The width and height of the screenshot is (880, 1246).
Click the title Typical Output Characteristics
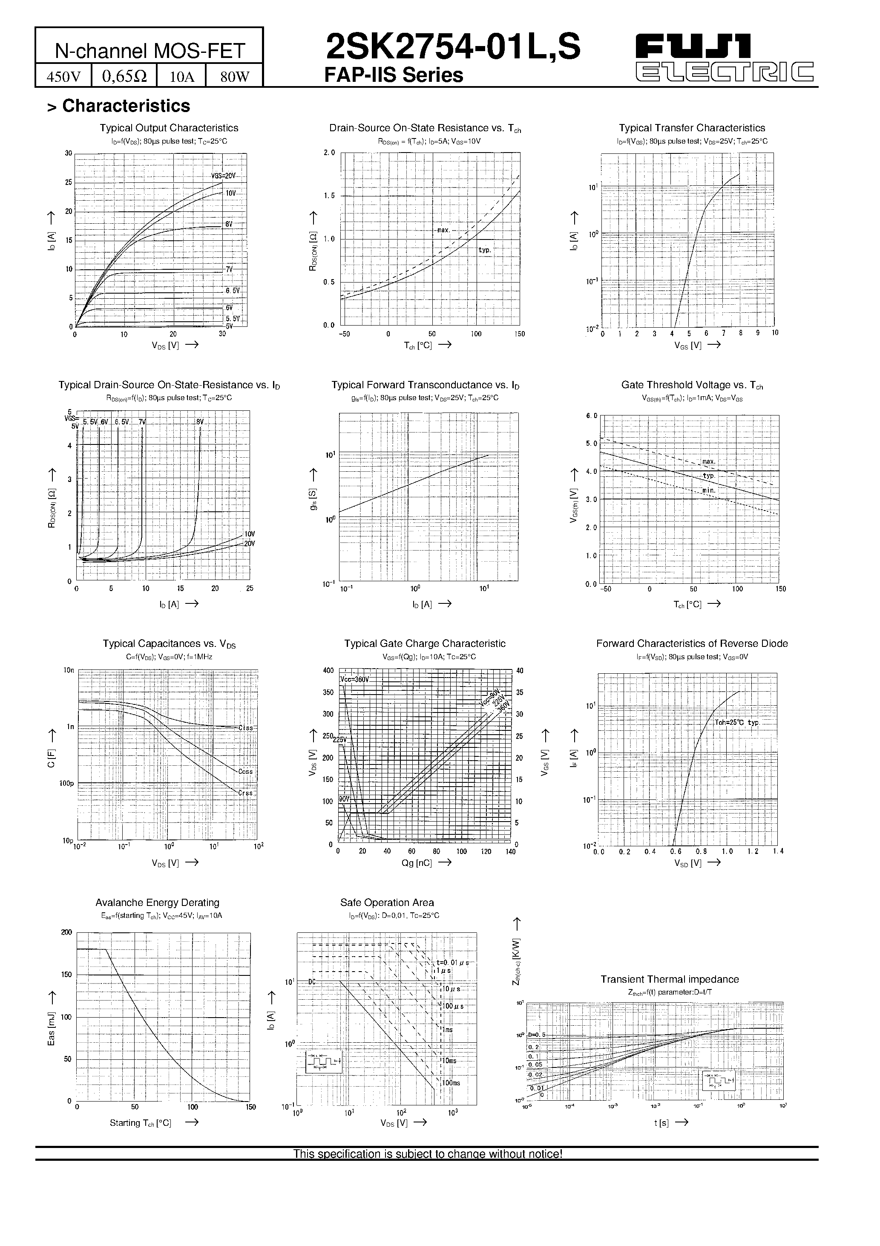click(169, 128)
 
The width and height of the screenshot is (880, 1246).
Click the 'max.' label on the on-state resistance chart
click(444, 230)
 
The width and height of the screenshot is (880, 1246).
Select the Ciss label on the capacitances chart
click(246, 728)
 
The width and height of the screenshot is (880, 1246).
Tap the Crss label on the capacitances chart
click(246, 793)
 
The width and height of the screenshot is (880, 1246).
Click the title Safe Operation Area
click(387, 903)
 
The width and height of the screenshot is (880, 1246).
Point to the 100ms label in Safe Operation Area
click(450, 1083)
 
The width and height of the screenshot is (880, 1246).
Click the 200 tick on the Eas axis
click(66, 932)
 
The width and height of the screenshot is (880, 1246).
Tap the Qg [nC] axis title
click(417, 863)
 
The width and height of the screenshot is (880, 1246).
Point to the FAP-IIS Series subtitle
click(394, 75)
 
